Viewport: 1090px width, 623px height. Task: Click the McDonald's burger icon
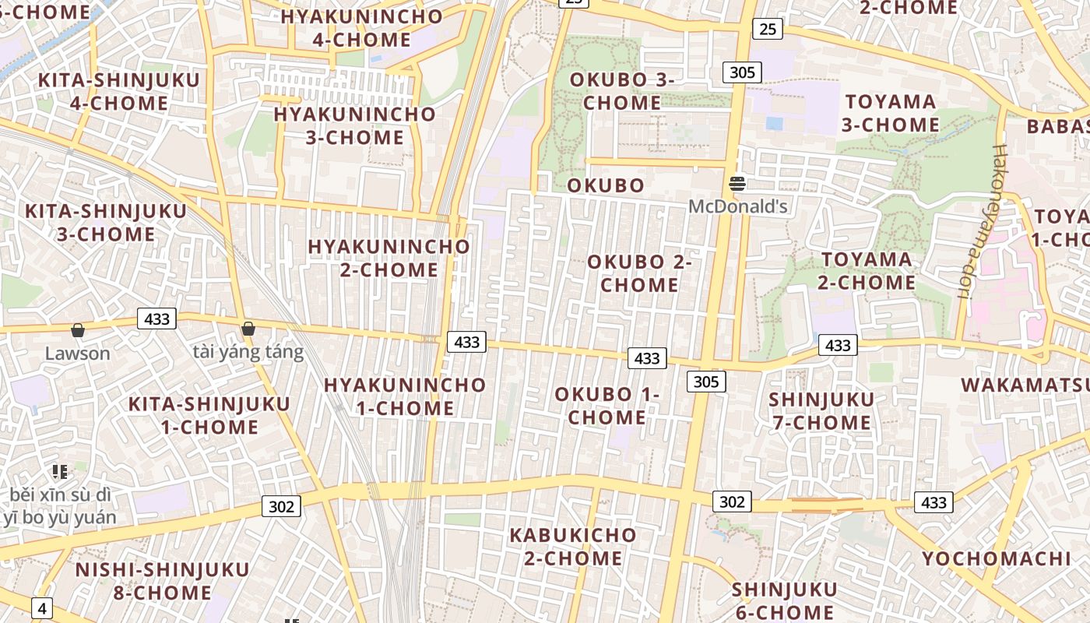pyautogui.click(x=737, y=185)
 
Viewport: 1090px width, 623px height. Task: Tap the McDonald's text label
pyautogui.click(x=738, y=207)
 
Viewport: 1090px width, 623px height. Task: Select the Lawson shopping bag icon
pyautogui.click(x=78, y=331)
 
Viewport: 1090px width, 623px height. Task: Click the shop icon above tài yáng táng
pyautogui.click(x=248, y=329)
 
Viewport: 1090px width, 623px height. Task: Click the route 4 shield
pyautogui.click(x=42, y=608)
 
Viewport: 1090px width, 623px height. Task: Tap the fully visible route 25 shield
pyautogui.click(x=767, y=30)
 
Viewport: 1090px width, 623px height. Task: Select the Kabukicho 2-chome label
pyautogui.click(x=573, y=547)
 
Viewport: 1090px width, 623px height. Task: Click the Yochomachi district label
pyautogui.click(x=997, y=558)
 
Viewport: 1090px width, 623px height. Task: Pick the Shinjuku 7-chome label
pyautogui.click(x=821, y=411)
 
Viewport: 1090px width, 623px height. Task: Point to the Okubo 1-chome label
pyautogui.click(x=607, y=406)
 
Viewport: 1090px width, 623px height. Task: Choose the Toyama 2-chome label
pyautogui.click(x=867, y=270)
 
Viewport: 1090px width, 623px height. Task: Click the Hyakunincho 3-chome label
pyautogui.click(x=354, y=125)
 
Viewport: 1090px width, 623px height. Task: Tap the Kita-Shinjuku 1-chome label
pyautogui.click(x=209, y=415)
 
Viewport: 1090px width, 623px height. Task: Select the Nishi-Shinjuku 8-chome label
pyautogui.click(x=162, y=581)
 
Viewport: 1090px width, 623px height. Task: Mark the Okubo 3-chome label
pyautogui.click(x=622, y=91)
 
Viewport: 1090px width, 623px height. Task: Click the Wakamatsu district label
pyautogui.click(x=1025, y=385)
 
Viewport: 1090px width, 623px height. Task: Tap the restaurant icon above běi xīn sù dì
pyautogui.click(x=60, y=471)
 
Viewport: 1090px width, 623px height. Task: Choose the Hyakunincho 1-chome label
pyautogui.click(x=405, y=396)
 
